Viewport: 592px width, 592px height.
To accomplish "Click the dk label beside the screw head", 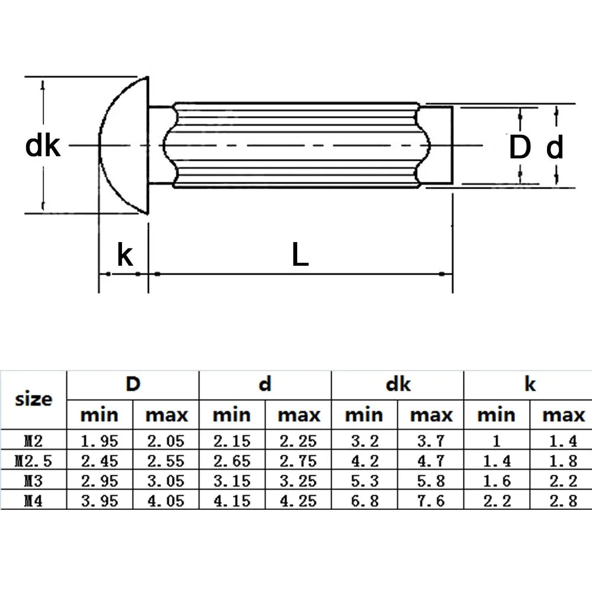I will point(43,146).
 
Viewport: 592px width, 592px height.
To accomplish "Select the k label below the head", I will point(125,255).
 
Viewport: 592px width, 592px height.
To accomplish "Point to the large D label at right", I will point(520,147).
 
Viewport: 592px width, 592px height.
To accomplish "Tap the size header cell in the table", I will point(34,399).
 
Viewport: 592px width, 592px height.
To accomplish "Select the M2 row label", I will point(34,441).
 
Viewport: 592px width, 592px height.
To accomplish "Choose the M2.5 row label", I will point(34,461).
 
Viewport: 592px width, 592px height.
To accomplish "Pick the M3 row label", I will point(34,481).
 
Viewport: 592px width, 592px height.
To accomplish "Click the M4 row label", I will point(34,501).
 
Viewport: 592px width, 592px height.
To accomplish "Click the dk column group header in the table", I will point(398,385).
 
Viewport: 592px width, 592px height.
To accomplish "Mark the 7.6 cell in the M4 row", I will point(431,501).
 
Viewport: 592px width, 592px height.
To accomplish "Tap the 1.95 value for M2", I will point(99,441).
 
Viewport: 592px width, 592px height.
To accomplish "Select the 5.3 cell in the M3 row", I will point(364,481).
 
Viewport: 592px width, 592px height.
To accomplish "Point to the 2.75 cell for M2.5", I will point(298,461).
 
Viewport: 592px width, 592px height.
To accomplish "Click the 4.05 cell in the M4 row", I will point(166,501).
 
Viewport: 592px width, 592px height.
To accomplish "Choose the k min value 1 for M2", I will point(497,441).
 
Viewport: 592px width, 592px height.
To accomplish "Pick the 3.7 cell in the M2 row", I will point(431,441).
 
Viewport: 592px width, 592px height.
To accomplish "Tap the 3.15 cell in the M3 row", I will point(231,481).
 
